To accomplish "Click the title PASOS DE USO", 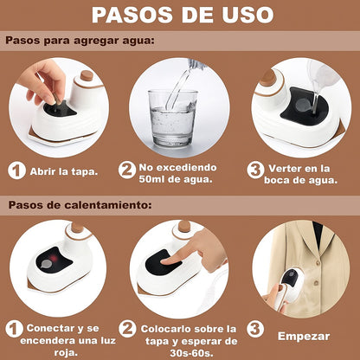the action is tap(183, 14).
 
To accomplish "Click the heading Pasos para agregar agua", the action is tap(80, 41).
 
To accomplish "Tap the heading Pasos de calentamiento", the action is tap(80, 205).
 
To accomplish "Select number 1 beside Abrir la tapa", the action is tap(16, 170).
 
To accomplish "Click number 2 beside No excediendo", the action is tap(127, 170).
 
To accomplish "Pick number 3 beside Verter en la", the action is tap(255, 170).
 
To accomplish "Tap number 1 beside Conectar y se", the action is tap(14, 329).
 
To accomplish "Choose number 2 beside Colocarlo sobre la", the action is tap(127, 329).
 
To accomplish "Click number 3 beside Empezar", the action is tap(255, 329).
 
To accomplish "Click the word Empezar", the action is tap(304, 337).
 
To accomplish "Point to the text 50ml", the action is tap(151, 179).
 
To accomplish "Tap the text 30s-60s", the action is tap(191, 353).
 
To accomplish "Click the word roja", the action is tap(65, 352).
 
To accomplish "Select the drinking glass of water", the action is tap(172, 119).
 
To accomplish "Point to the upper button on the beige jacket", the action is tap(318, 263).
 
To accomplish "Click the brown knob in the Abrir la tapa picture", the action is tap(87, 75).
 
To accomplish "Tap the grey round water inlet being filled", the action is tap(304, 105).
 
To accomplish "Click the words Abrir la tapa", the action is tap(64, 172).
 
